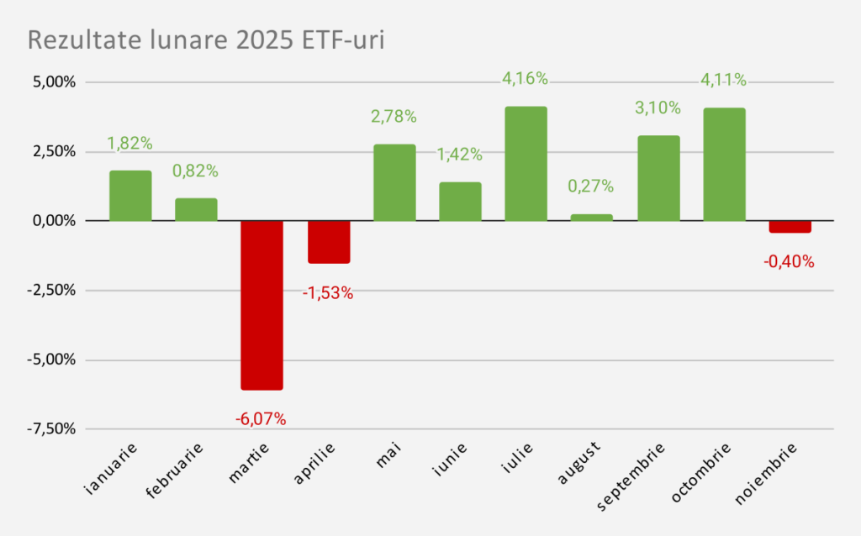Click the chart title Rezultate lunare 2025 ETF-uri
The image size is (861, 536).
206,40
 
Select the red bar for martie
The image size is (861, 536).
261,305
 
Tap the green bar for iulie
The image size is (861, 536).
526,164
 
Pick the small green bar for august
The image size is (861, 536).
592,217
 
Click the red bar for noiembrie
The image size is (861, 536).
790,227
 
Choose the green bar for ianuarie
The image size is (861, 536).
130,196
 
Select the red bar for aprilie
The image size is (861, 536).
328,242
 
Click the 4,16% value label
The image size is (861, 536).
525,79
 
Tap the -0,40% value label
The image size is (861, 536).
789,261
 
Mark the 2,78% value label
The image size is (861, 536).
394,117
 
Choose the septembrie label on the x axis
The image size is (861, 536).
631,476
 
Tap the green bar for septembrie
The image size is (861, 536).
658,178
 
